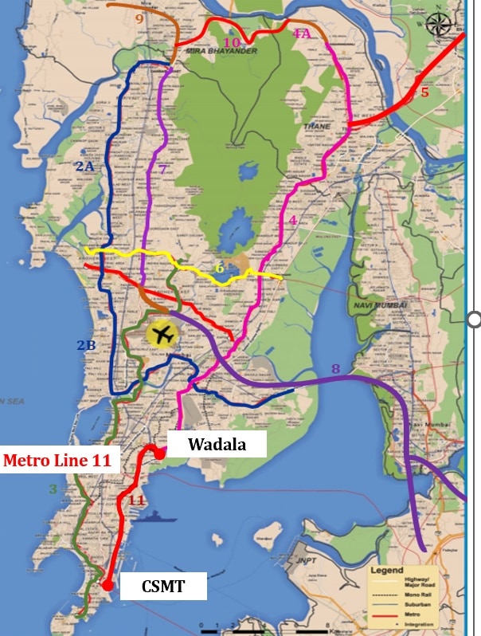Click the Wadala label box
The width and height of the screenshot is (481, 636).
tap(217, 445)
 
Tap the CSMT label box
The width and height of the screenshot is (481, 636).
tap(164, 588)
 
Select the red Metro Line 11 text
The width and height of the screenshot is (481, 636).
tap(60, 460)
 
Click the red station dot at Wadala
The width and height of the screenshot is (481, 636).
tap(159, 453)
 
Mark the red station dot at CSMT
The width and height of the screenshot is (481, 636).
tap(107, 586)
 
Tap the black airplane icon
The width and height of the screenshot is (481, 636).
tap(163, 335)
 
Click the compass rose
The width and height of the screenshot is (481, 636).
tap(438, 24)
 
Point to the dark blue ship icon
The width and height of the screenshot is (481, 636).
tap(153, 516)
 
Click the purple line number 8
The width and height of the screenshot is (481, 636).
tap(335, 368)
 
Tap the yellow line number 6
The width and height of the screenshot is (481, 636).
tap(219, 269)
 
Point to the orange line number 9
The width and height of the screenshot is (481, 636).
tap(139, 18)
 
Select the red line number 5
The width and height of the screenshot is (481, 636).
tap(424, 92)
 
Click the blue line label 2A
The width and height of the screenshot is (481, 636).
tap(84, 166)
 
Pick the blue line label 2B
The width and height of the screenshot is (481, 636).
tap(85, 345)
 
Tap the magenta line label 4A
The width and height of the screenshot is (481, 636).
tap(301, 33)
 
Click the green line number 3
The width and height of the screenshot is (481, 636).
tap(53, 489)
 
